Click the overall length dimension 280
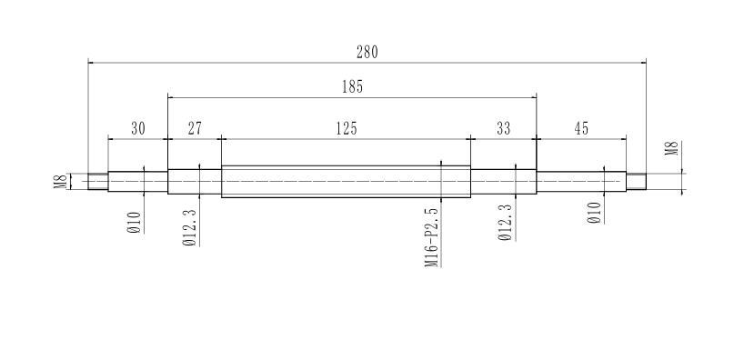coord(367,53)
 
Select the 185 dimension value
coord(353,87)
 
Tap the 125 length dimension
coord(347,128)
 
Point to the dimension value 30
coord(138,128)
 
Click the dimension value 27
coord(195,128)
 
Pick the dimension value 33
coord(503,128)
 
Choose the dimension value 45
coord(581,128)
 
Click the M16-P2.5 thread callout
coord(433,238)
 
